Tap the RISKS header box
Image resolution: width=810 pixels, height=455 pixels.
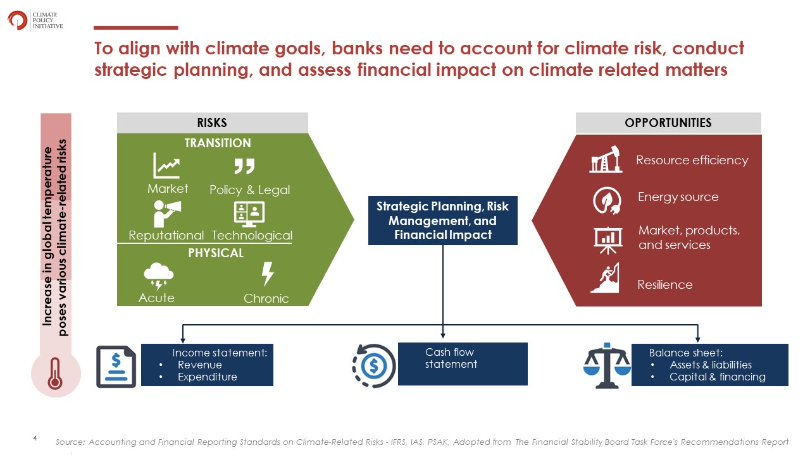[x=212, y=123]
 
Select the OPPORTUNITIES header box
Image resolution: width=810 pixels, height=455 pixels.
[x=668, y=123]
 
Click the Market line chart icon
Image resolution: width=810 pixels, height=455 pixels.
[x=166, y=166]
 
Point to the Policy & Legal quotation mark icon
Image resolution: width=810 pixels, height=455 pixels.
[x=244, y=166]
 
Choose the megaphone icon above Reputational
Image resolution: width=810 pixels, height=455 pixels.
[x=166, y=214]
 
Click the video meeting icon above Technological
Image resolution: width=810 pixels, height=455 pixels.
[x=249, y=214]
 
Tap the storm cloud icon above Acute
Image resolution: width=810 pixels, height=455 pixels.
[x=158, y=276]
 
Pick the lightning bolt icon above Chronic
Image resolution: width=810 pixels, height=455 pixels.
[x=267, y=274]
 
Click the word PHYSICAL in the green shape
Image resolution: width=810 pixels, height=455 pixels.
[x=216, y=253]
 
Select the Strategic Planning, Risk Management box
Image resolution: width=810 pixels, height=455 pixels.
[x=442, y=221]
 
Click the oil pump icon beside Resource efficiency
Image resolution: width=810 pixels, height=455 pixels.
[x=606, y=159]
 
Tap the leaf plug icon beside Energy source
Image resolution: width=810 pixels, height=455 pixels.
[x=607, y=200]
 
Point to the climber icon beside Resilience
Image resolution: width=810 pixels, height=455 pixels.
[x=605, y=277]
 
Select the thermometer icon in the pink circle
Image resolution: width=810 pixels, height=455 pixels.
[x=55, y=373]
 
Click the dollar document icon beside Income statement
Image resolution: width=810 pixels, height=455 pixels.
[x=116, y=367]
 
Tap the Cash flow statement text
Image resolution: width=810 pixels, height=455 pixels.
[x=451, y=358]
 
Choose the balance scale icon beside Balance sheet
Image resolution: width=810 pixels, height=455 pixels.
[x=607, y=365]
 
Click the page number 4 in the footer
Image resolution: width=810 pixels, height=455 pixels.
[x=35, y=438]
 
